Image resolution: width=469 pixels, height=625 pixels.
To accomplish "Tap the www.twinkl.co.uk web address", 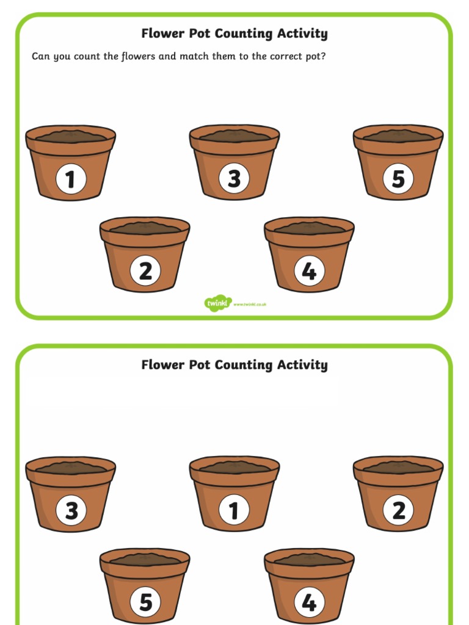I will click(x=250, y=304).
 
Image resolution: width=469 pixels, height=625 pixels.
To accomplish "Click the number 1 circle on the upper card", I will click(x=71, y=179).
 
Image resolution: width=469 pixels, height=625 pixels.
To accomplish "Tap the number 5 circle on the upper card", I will click(x=398, y=179).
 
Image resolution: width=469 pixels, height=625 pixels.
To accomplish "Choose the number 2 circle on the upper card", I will click(x=145, y=271).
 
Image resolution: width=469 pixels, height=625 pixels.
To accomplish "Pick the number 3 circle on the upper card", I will click(x=234, y=179).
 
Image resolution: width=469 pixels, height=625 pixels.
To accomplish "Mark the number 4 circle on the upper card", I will click(x=309, y=271).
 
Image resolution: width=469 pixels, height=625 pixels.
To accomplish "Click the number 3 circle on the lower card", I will click(x=71, y=510).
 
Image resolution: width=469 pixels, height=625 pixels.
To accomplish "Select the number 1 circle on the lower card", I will click(x=234, y=510).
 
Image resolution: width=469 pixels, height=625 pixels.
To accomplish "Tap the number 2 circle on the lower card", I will click(x=398, y=510).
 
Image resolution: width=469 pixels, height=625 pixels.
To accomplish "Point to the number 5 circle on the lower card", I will click(x=145, y=602).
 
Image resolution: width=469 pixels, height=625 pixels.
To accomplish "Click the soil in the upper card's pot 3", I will click(x=234, y=135).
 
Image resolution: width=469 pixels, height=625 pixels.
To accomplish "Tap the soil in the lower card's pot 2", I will click(x=398, y=467).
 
